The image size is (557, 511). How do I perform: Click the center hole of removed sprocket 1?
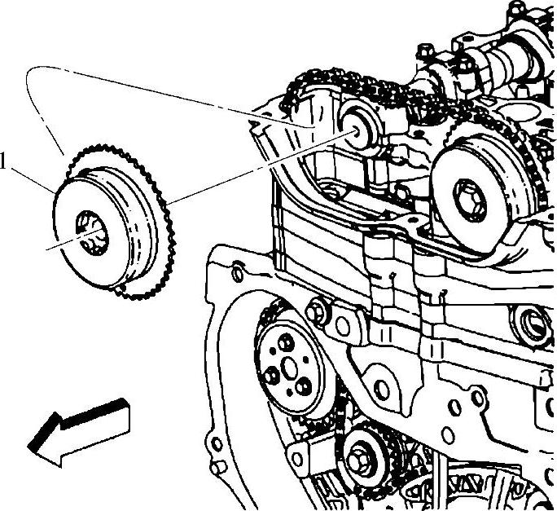coord(91,233)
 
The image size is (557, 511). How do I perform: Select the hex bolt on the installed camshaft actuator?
coord(470,200)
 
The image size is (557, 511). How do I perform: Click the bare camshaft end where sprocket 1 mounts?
coord(356,130)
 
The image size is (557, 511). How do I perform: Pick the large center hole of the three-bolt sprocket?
coord(289,368)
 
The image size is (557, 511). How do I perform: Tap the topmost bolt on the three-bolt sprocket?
coord(285,342)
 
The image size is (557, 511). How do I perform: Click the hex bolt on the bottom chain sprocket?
coord(359,462)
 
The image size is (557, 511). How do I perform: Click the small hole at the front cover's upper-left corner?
coord(238,274)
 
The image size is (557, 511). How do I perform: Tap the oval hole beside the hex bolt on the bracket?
coord(343,327)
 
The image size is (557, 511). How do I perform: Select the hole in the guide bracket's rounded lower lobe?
coord(382,390)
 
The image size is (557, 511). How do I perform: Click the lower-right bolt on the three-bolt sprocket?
coord(304,386)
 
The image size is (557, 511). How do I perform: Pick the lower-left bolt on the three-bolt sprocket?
coord(272,376)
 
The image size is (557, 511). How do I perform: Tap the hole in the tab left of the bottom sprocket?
coord(297,460)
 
